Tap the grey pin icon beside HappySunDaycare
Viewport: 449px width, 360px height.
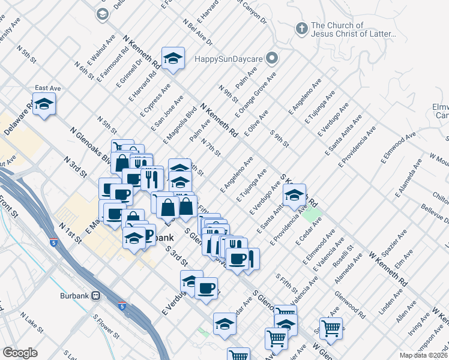273,59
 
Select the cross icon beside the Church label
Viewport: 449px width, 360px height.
302,28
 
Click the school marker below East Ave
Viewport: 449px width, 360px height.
44,105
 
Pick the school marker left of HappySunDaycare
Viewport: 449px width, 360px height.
173,58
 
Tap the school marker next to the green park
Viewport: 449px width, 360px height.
294,196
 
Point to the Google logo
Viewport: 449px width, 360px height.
20,353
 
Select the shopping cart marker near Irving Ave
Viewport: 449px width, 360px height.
331,328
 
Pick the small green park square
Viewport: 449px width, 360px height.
312,213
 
